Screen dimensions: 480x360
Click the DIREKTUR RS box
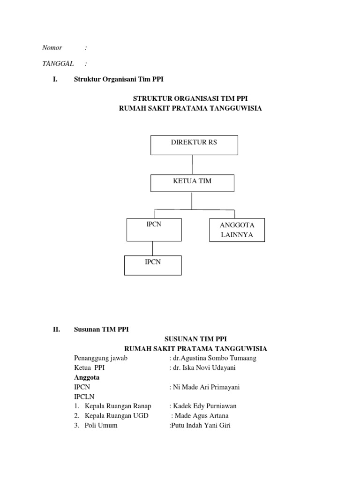coord(194,145)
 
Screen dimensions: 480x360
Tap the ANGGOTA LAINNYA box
coord(236,230)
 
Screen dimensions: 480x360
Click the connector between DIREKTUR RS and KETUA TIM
coord(192,164)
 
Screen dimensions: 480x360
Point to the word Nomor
coord(52,48)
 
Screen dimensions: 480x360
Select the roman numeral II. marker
coord(57,330)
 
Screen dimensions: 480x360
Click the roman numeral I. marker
coord(55,80)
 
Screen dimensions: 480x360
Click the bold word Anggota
coord(87,377)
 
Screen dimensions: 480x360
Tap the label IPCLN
coord(84,397)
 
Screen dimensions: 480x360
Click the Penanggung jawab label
coord(101,358)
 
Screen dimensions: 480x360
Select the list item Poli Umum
coord(101,425)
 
